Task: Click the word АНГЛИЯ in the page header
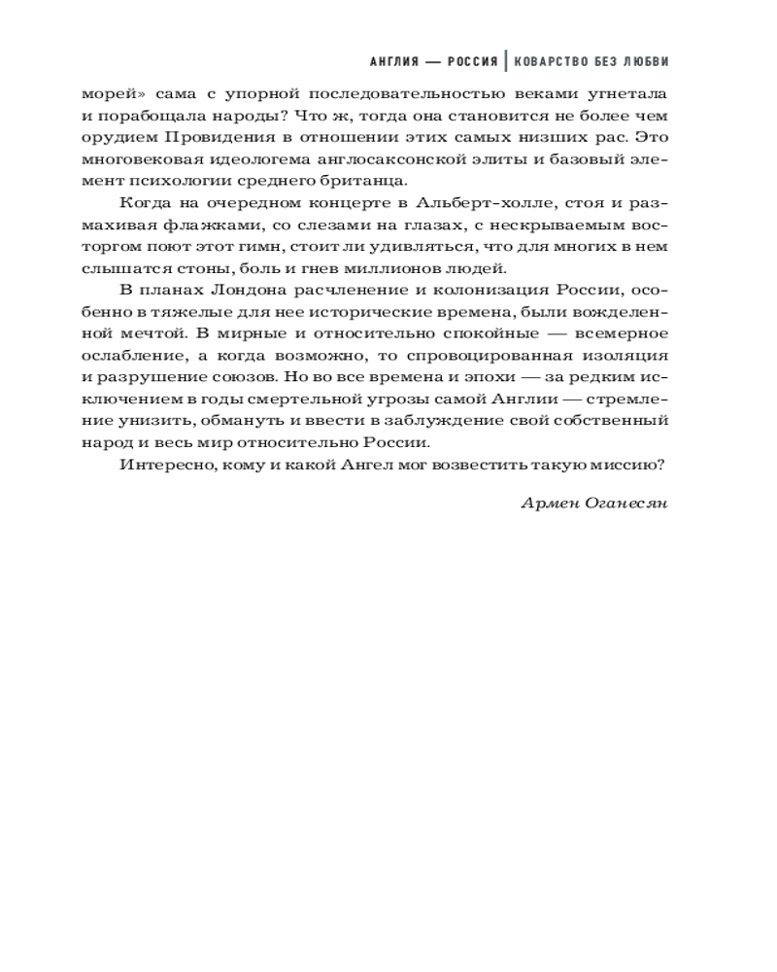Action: click(x=398, y=60)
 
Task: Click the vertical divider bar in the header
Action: click(x=505, y=60)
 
